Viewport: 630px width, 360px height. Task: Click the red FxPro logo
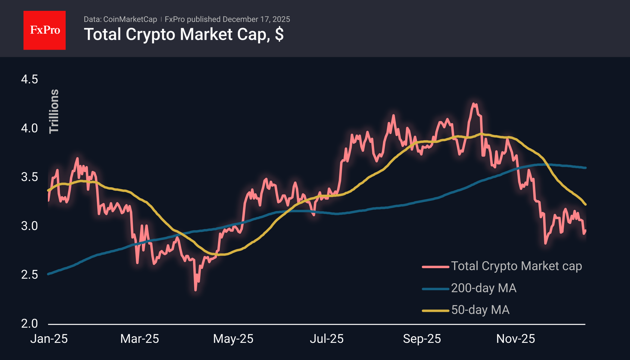45,30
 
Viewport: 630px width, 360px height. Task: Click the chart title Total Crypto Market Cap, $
184,34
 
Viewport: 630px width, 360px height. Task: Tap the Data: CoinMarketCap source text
120,19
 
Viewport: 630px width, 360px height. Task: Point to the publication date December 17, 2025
256,19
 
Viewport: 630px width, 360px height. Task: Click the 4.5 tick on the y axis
30,79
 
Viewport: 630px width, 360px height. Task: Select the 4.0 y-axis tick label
30,128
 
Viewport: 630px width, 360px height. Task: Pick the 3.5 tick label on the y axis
30,177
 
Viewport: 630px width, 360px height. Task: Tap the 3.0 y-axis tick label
30,226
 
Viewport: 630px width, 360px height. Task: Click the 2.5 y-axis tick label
30,275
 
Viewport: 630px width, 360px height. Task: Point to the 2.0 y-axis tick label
30,324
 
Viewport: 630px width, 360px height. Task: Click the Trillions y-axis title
54,111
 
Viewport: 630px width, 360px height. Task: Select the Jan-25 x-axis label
49,339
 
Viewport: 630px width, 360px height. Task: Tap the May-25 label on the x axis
233,339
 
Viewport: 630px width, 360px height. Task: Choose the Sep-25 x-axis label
422,339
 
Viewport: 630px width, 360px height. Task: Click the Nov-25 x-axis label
516,339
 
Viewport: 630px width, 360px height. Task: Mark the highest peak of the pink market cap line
474,104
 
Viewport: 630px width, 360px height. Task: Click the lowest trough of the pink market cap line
196,290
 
